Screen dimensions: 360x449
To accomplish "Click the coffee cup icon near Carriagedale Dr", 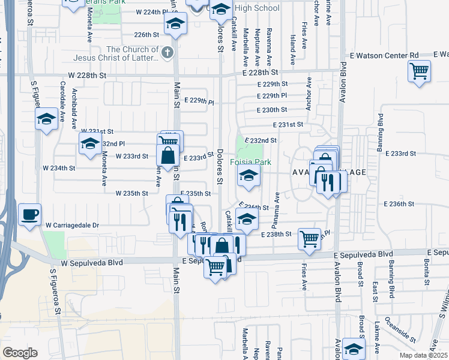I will (x=29, y=214).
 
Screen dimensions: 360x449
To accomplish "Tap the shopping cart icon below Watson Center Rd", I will (x=419, y=71).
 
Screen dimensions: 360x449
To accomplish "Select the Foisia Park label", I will (x=251, y=162).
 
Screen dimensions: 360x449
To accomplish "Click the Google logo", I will (x=20, y=353).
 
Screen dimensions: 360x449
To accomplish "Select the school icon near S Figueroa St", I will (x=46, y=119).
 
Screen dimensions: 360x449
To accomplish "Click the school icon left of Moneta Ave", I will (x=90, y=143).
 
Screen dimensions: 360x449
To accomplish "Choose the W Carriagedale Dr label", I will (x=71, y=225).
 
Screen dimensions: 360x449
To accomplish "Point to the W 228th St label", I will (x=87, y=76).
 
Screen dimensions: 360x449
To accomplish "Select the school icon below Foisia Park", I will (x=247, y=176).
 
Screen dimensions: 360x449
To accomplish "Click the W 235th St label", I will (x=133, y=193).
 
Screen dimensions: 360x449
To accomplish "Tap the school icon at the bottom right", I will (x=354, y=349).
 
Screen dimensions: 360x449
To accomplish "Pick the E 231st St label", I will (x=288, y=124).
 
